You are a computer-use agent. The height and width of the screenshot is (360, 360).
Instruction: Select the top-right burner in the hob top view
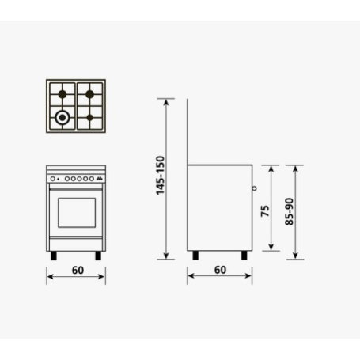coord(89,93)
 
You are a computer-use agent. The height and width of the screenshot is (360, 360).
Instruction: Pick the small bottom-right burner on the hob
coord(89,119)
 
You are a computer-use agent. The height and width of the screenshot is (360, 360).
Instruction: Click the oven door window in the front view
coord(76,212)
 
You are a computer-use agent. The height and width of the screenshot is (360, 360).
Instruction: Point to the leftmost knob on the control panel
coord(54,179)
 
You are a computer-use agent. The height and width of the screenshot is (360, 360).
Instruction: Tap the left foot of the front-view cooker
coord(54,256)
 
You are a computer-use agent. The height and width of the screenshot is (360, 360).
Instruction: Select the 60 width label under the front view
coord(76,270)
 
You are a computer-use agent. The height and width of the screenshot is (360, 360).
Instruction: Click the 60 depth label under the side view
coord(220,270)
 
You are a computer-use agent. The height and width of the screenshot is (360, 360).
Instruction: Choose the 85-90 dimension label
coord(289,212)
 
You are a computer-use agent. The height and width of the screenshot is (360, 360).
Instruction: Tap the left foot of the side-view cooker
coord(195,256)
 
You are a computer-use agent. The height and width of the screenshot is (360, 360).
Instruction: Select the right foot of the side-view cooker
coord(244,256)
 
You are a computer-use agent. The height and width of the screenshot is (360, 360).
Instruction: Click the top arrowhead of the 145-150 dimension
coord(167,100)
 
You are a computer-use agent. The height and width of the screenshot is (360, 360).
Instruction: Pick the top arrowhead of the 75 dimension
coord(271,168)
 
